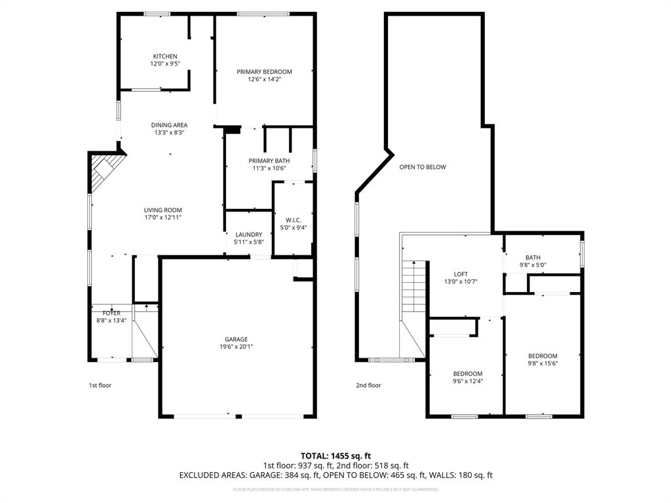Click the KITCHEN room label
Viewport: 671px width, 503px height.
[165, 56]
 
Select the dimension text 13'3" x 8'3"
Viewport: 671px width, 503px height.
[169, 132]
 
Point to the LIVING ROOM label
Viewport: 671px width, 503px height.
[163, 210]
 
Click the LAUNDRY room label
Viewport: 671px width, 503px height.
[249, 234]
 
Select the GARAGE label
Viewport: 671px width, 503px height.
[236, 339]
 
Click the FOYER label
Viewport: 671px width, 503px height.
[111, 313]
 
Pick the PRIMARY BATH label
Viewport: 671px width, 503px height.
[269, 160]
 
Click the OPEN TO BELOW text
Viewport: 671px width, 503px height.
[423, 167]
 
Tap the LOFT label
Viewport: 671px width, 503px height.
[461, 274]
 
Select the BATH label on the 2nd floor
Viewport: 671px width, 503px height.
[533, 257]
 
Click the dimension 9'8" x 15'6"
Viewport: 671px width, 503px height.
[543, 363]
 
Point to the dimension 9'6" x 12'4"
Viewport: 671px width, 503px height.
[467, 381]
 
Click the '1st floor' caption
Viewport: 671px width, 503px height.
[100, 385]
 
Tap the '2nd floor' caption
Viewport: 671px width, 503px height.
[368, 385]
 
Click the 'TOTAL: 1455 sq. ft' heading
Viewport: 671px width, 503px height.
[335, 455]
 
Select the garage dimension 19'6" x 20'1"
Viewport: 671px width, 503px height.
[236, 347]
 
